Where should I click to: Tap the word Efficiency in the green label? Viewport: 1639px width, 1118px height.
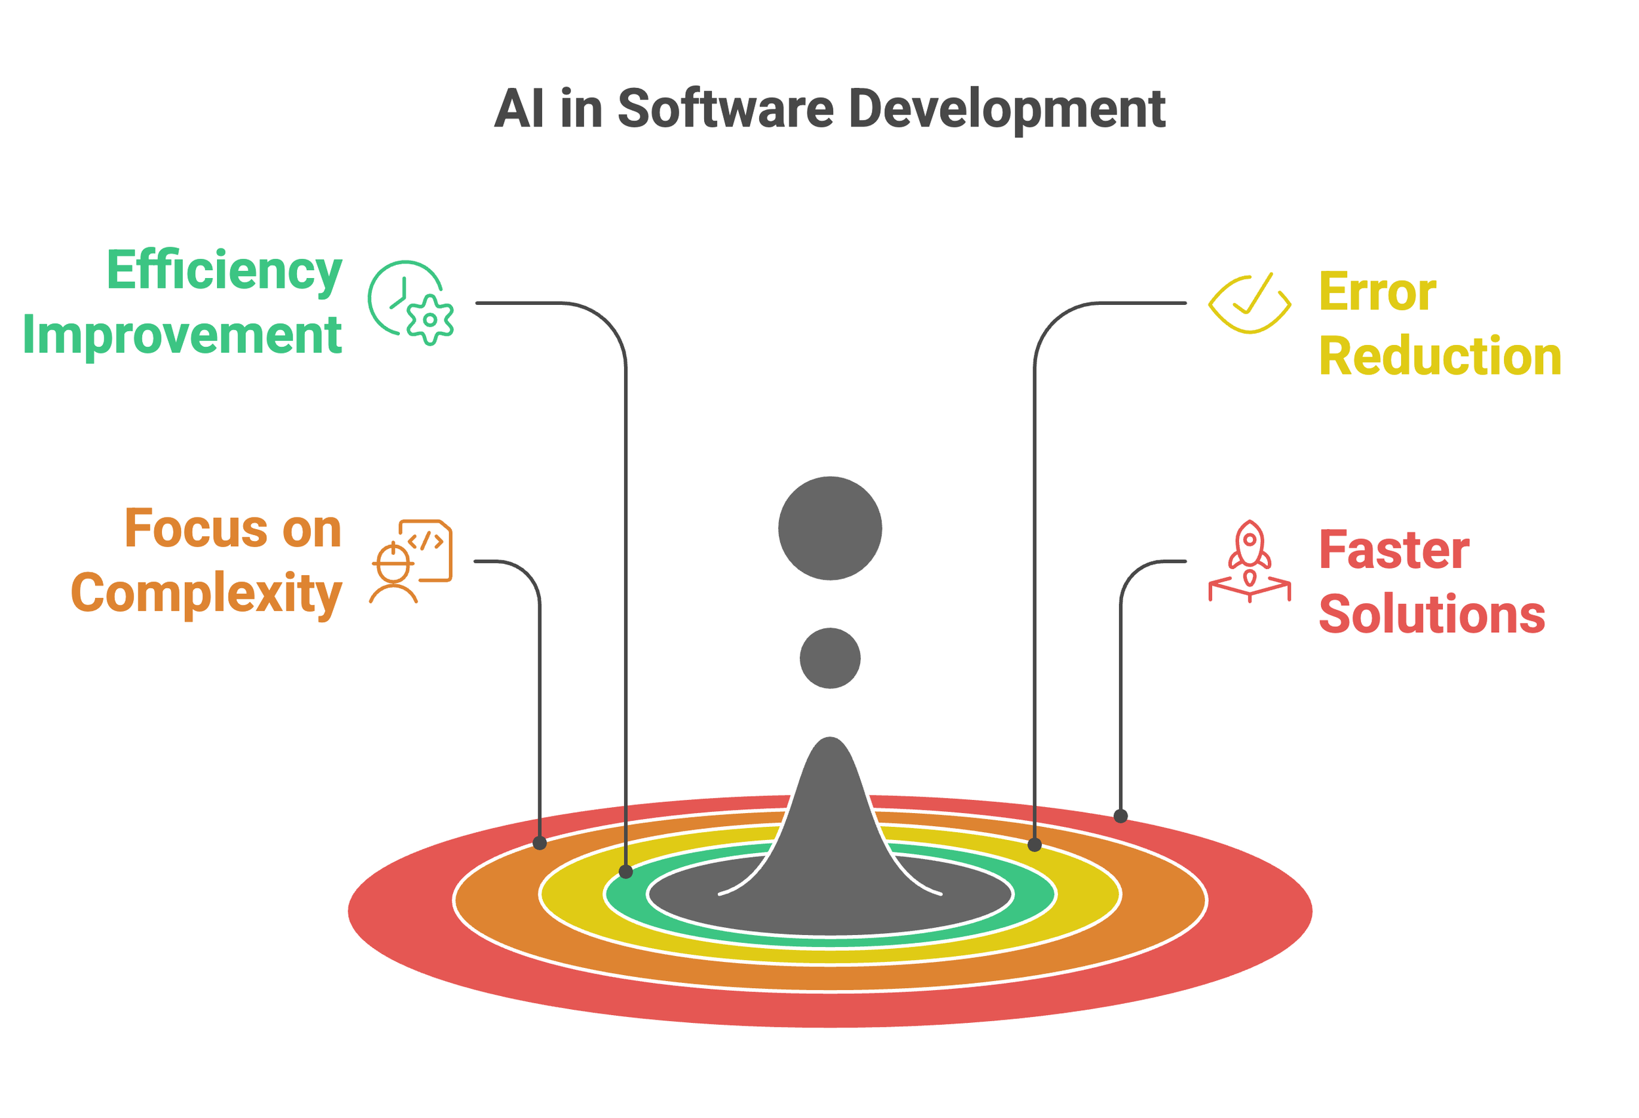click(224, 271)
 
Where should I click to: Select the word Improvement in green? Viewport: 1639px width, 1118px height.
click(182, 334)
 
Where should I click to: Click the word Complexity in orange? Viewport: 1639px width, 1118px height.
click(206, 595)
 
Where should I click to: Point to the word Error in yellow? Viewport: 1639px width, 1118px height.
click(1377, 292)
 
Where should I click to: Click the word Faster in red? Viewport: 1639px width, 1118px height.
click(1394, 550)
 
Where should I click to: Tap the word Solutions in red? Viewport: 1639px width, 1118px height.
click(1432, 614)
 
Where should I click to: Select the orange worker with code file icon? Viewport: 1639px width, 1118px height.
click(410, 561)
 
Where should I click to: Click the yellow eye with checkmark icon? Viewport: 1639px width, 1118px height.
click(1249, 304)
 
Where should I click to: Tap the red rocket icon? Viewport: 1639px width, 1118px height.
click(1249, 561)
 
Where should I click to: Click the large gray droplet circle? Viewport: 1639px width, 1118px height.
click(830, 529)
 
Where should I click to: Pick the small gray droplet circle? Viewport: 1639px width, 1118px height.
click(830, 658)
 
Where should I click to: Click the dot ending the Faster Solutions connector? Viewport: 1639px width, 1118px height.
click(1120, 816)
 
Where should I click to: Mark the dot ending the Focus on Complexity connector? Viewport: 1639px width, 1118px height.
click(540, 843)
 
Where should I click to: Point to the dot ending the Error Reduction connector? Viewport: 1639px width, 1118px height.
click(1035, 845)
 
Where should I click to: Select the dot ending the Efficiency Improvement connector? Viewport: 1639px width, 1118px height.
click(625, 872)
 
